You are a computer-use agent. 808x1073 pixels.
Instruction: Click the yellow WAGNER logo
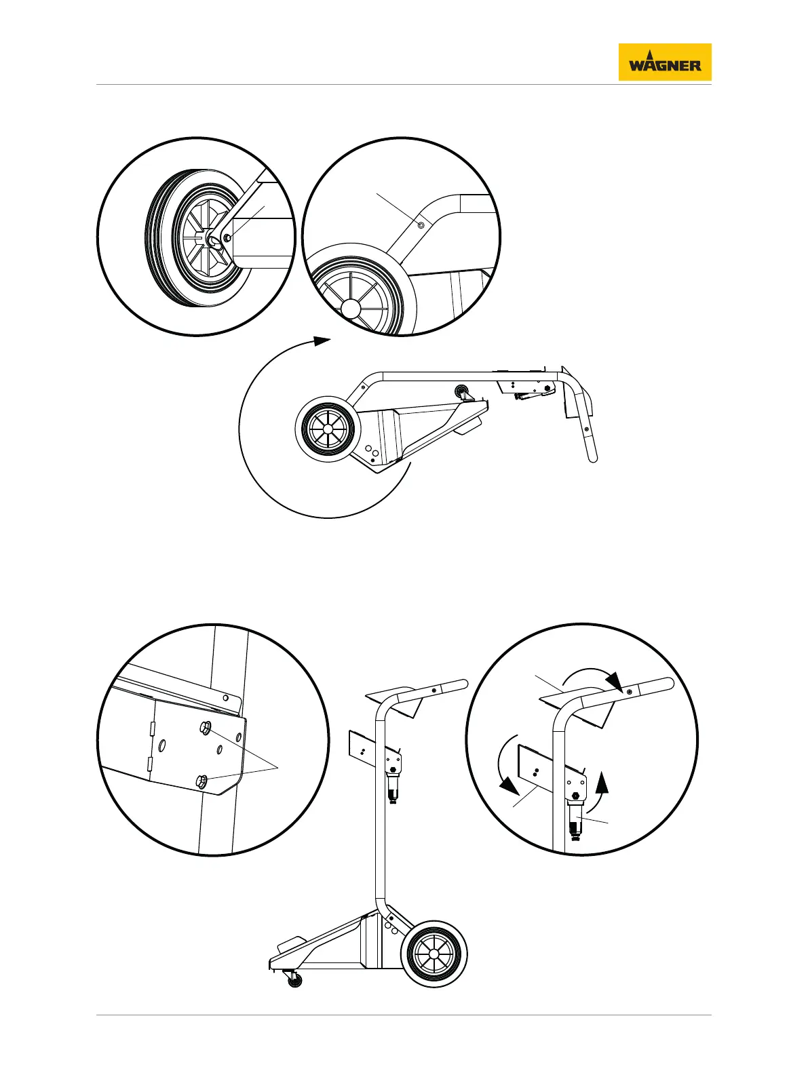(x=664, y=62)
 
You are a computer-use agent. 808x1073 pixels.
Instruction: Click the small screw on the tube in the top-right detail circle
(x=421, y=225)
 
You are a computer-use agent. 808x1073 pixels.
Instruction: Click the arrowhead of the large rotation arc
(x=322, y=340)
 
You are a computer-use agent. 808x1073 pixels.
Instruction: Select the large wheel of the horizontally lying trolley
(x=328, y=429)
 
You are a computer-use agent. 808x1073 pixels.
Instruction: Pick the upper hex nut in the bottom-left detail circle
(x=205, y=728)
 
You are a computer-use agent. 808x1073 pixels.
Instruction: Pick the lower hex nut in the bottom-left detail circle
(x=201, y=781)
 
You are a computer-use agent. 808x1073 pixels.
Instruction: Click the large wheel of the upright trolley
(x=434, y=954)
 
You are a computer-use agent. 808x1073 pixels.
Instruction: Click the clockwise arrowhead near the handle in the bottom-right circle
(x=615, y=680)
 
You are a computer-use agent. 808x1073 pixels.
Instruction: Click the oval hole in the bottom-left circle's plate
(x=162, y=745)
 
